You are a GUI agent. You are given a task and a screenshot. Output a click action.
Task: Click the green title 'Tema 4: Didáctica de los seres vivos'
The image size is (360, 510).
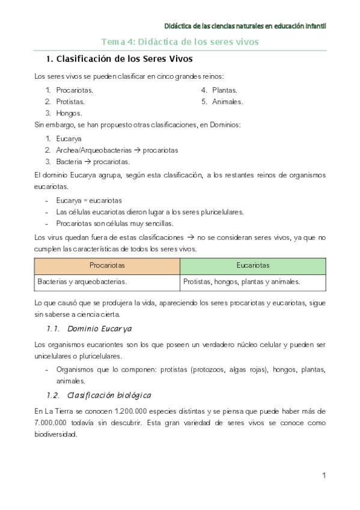180,42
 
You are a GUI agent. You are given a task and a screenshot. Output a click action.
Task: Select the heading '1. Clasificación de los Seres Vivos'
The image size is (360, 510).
120,60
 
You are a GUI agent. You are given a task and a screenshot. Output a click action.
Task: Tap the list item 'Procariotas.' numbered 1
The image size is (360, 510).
75,90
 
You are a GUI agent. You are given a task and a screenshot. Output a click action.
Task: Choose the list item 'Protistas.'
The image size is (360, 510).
71,102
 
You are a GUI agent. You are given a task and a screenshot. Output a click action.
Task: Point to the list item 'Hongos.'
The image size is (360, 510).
69,113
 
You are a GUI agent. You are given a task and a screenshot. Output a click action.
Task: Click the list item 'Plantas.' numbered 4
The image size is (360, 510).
224,90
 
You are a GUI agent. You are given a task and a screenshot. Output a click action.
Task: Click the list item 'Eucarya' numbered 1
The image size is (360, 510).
69,138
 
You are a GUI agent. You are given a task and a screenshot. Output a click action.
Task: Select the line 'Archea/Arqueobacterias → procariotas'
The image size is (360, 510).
117,150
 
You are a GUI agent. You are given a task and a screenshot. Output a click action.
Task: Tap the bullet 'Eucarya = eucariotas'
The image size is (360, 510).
89,200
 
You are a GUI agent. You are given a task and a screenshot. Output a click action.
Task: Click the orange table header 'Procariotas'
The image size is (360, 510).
107,265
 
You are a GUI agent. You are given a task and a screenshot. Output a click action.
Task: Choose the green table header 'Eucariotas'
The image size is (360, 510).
252,265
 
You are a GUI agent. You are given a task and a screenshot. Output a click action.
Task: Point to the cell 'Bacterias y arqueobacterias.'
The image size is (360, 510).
82,281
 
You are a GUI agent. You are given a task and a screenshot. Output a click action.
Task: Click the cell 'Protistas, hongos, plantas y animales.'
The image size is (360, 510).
242,281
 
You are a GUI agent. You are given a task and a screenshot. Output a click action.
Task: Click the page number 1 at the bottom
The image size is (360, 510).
323,476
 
